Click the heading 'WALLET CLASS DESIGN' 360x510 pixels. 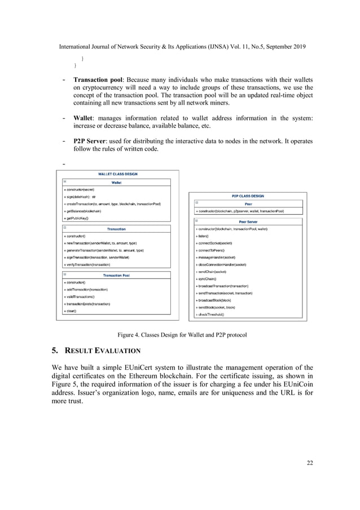pos(118,174)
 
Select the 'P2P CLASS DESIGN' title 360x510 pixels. pos(248,195)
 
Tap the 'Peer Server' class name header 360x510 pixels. pos(248,221)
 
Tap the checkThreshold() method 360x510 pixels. pos(210,314)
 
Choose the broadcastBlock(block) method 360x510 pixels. pos(213,300)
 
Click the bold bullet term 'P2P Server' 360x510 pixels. pos(93,140)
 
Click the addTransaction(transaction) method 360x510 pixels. pos(86,289)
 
